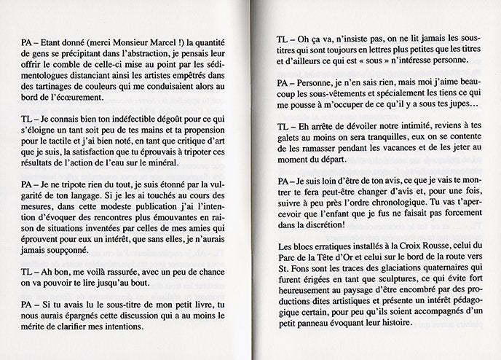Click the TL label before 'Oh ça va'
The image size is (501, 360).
pos(283,37)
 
